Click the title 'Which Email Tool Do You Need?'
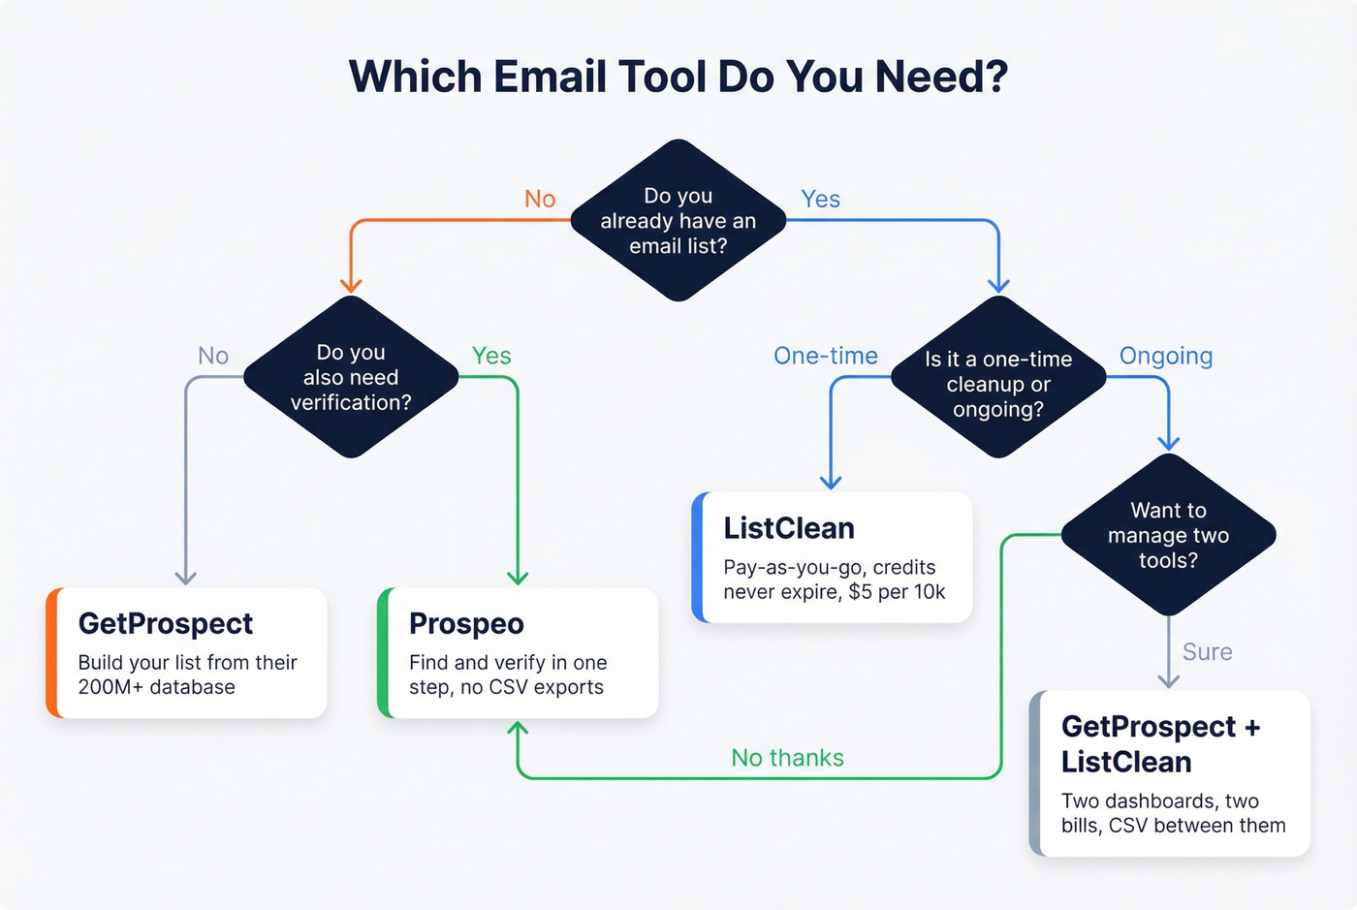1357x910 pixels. pyautogui.click(x=678, y=77)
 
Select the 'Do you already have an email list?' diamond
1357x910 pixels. pyautogui.click(x=678, y=221)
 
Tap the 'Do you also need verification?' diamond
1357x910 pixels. pyautogui.click(x=351, y=377)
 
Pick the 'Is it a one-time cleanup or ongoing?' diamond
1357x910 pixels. pyautogui.click(x=998, y=384)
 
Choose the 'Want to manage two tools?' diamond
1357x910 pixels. pyautogui.click(x=1168, y=535)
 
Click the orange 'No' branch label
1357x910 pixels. pyautogui.click(x=540, y=199)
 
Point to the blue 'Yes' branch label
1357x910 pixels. pyautogui.click(x=820, y=199)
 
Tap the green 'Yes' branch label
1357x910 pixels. pyautogui.click(x=491, y=356)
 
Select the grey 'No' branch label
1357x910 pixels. pyautogui.click(x=213, y=356)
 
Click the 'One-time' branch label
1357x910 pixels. pyautogui.click(x=826, y=356)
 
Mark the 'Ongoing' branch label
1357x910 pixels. pyautogui.click(x=1166, y=356)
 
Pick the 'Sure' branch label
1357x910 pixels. pyautogui.click(x=1207, y=652)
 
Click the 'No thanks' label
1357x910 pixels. pyautogui.click(x=787, y=758)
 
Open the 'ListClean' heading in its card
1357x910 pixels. pyautogui.click(x=789, y=528)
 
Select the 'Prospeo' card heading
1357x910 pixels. pyautogui.click(x=466, y=623)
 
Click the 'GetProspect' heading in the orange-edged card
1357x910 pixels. pyautogui.click(x=166, y=623)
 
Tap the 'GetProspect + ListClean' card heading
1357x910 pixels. pyautogui.click(x=1160, y=744)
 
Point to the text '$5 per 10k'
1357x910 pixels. pyautogui.click(x=897, y=591)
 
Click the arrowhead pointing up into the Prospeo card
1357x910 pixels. pyautogui.click(x=518, y=729)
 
